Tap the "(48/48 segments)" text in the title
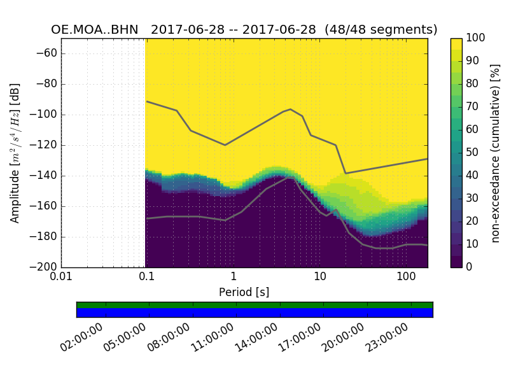[x=381, y=30]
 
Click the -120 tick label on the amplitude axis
[x=44, y=145]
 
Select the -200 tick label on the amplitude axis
[x=44, y=267]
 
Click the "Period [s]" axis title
[x=244, y=292]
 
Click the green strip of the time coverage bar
[x=254, y=305]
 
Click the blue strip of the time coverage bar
[x=254, y=313]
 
